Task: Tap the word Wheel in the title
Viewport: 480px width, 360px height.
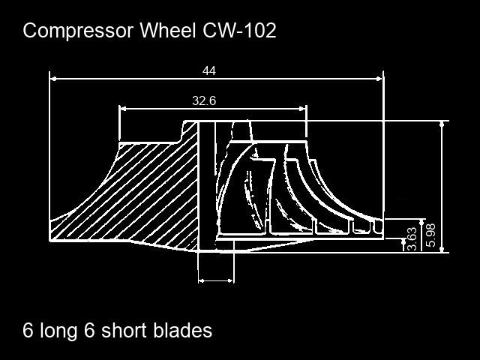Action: pos(167,31)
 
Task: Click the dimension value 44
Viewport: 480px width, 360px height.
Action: pos(209,71)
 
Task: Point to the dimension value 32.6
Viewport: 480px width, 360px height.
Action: pos(204,101)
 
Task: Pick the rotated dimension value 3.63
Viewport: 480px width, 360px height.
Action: pos(412,238)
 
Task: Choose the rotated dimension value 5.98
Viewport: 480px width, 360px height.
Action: pos(430,234)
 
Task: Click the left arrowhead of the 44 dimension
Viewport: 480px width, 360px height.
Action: pos(53,77)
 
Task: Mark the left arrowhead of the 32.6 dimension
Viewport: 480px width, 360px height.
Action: pos(123,109)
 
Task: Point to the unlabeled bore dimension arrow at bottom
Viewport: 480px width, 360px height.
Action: pos(216,280)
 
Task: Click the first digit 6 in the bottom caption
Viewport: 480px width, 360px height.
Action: pos(28,331)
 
